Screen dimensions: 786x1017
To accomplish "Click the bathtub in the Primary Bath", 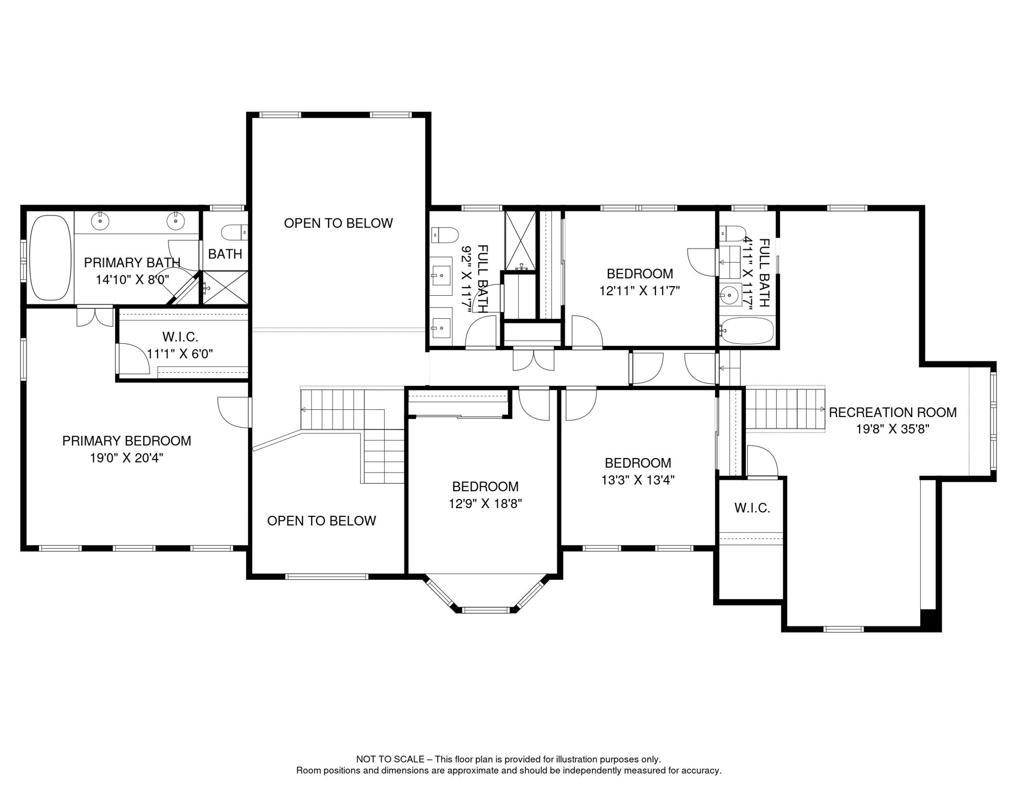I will point(50,257).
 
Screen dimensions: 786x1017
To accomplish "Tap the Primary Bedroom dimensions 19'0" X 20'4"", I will point(126,458).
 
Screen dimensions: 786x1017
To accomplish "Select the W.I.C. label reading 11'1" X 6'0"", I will point(180,354).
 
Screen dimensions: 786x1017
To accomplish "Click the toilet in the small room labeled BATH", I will point(234,232).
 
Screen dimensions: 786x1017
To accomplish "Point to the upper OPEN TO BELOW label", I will point(338,223).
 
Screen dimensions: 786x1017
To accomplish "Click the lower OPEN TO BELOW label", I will point(321,521).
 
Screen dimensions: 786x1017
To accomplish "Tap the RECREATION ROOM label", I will point(892,412).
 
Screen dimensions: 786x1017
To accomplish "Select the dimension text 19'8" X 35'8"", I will point(892,429).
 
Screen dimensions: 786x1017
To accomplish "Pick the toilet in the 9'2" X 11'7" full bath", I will point(445,235).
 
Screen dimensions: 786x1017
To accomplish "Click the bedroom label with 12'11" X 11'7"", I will point(639,274).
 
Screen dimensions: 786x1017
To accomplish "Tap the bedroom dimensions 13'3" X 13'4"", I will point(638,480).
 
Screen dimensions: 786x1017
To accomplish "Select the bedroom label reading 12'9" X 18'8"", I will point(485,487).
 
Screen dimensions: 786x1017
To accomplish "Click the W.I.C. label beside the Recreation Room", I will point(752,508).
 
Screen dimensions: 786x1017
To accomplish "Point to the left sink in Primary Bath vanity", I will point(100,221).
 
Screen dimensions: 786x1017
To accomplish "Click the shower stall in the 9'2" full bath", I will point(520,240).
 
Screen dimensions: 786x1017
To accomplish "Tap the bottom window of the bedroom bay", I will point(485,610).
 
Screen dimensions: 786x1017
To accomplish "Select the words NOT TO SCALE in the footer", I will point(390,759).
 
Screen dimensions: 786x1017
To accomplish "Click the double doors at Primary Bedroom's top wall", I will point(95,316).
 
